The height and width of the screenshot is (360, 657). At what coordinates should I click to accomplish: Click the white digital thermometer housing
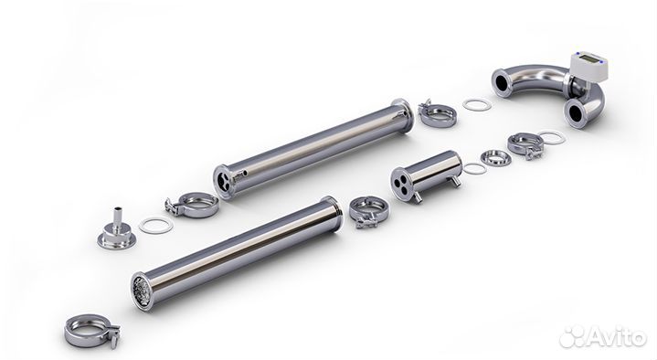tap(588, 67)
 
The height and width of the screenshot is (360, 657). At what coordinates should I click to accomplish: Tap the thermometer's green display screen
tap(589, 60)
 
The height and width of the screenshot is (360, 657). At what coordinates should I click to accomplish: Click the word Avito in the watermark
tap(617, 336)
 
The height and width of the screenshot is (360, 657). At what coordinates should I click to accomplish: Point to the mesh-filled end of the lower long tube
tap(142, 291)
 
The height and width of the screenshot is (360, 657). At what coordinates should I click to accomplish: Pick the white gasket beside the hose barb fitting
tap(156, 225)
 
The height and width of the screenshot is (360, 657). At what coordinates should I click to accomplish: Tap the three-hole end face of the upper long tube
tap(222, 182)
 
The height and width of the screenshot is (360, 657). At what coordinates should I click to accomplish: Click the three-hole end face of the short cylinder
tap(401, 184)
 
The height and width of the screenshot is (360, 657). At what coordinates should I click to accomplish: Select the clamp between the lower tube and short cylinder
tap(369, 212)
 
